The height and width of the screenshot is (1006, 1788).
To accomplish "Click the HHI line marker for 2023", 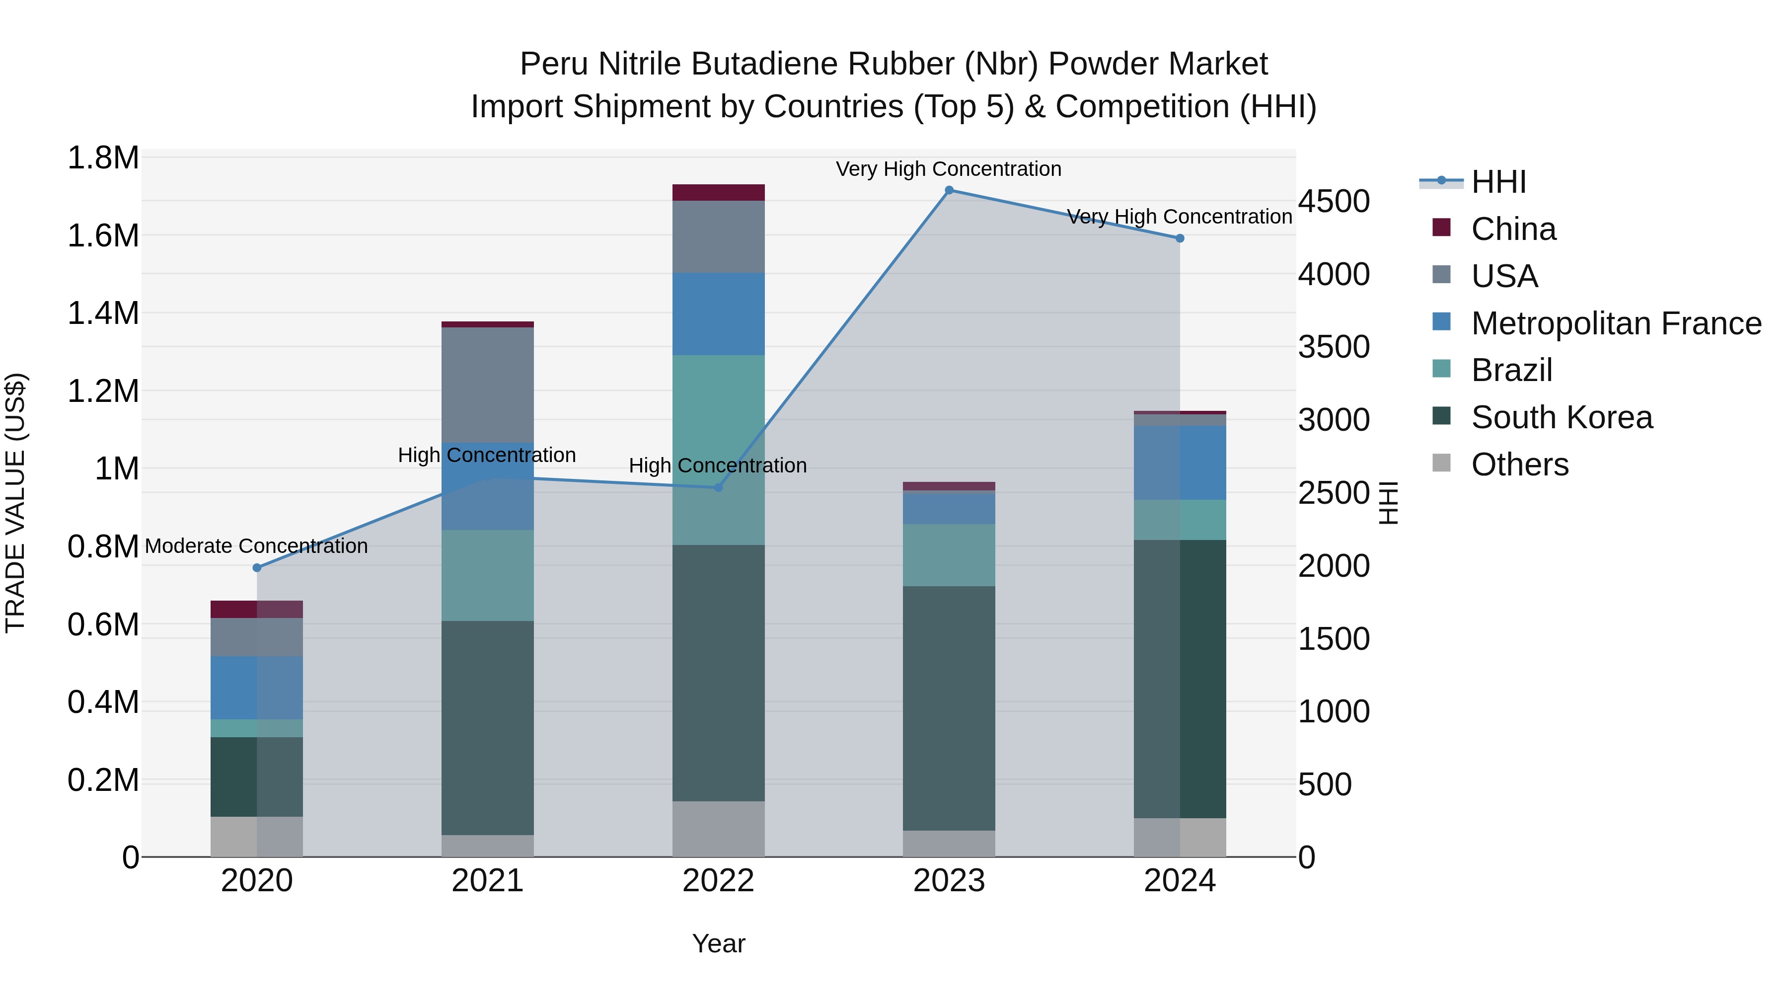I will coord(949,190).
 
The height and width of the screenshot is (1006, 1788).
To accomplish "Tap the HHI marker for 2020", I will coord(257,568).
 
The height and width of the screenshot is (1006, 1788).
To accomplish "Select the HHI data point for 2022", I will coord(718,487).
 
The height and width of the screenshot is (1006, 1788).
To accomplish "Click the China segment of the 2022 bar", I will coord(718,192).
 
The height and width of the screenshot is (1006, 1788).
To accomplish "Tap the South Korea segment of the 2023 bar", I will coord(949,707).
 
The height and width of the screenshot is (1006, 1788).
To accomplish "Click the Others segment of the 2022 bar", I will coord(718,829).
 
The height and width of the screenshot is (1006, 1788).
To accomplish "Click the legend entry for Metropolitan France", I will coord(1615,323).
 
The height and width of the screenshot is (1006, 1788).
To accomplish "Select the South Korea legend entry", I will coord(1561,418).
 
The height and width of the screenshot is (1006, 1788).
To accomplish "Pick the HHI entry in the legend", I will coord(1498,182).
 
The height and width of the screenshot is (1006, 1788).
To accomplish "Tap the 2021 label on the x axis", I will coord(487,881).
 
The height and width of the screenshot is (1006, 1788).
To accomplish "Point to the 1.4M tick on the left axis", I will coord(103,313).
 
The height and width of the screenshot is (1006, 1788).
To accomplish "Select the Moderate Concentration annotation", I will coord(256,546).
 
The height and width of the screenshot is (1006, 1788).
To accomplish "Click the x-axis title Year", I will coord(718,943).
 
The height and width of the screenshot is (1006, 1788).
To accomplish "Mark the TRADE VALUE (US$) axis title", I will coord(15,503).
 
